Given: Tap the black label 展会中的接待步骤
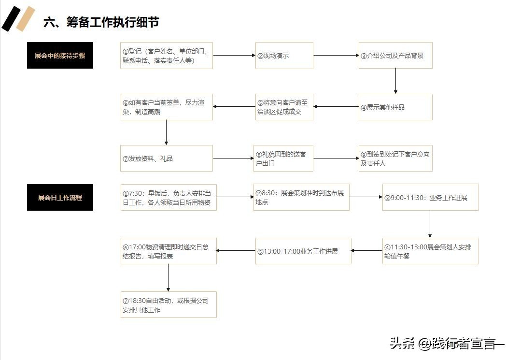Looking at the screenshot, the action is [60, 55].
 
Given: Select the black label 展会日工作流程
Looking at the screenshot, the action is [60, 197].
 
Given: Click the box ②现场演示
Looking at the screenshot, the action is [284, 56].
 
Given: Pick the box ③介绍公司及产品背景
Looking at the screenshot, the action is [395, 56].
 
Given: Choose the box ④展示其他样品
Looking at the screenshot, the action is [395, 107].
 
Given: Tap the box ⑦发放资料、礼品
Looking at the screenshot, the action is [167, 158].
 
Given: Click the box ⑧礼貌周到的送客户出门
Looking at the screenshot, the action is [283, 158].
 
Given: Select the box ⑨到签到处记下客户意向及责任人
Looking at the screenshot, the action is [395, 158].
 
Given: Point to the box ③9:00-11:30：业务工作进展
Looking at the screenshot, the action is [430, 197].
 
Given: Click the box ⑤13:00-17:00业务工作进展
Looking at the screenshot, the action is [303, 251].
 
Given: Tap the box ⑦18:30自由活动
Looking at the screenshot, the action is [169, 305].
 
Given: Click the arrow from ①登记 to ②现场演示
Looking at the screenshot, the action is [234, 55].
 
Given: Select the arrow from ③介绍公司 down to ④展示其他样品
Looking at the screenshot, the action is [395, 81].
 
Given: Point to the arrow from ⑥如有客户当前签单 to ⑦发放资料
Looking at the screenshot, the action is [166, 132].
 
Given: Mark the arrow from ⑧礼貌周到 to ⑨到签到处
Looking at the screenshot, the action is [336, 158].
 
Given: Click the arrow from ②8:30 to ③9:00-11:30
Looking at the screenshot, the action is [366, 197].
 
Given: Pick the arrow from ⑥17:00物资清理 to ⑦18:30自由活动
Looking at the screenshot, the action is [168, 278].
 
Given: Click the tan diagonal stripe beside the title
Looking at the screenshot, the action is [26, 19].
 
